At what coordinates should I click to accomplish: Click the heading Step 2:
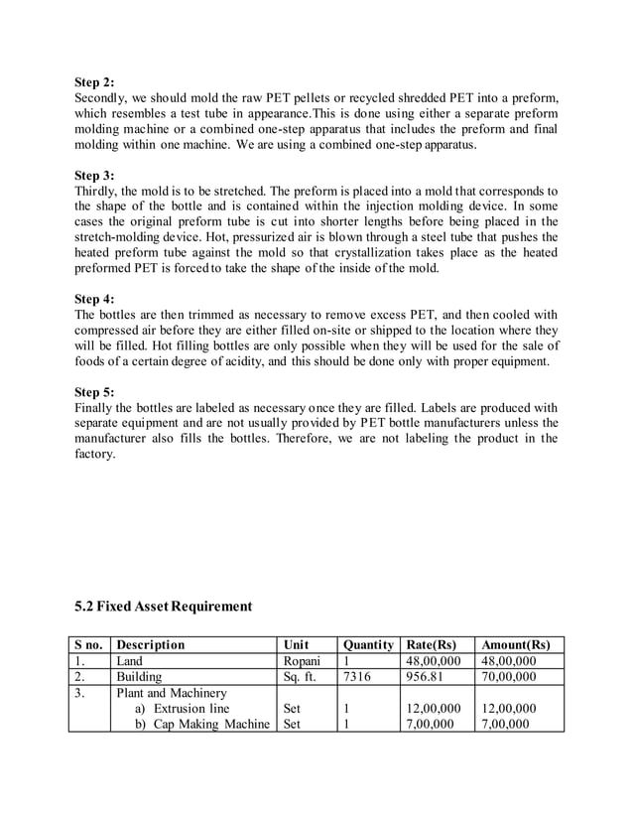click(x=94, y=81)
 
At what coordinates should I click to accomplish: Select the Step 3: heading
click(x=94, y=175)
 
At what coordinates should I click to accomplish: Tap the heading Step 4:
click(x=94, y=299)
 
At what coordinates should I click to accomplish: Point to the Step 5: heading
click(x=94, y=391)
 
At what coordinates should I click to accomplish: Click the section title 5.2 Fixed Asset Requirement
click(x=164, y=606)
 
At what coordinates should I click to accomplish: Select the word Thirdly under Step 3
click(x=99, y=191)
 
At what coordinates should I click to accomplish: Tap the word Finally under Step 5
click(x=97, y=407)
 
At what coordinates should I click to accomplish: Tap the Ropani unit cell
click(x=302, y=660)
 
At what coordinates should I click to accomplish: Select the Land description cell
click(x=130, y=660)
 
